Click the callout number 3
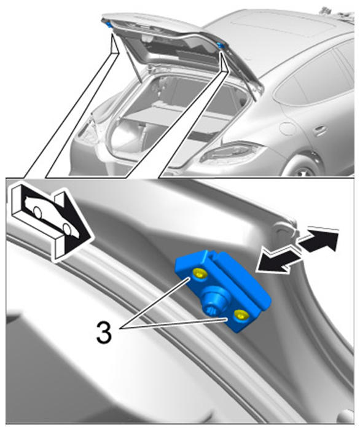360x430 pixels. tap(104, 333)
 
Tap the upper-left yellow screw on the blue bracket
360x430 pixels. tap(199, 274)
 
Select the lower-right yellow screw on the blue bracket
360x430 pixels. tap(241, 315)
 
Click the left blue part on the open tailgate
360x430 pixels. tap(109, 25)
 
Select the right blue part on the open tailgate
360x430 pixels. tap(219, 45)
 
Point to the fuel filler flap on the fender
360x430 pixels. tap(288, 128)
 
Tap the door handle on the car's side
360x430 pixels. tap(320, 130)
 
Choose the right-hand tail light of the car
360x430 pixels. tap(230, 152)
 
